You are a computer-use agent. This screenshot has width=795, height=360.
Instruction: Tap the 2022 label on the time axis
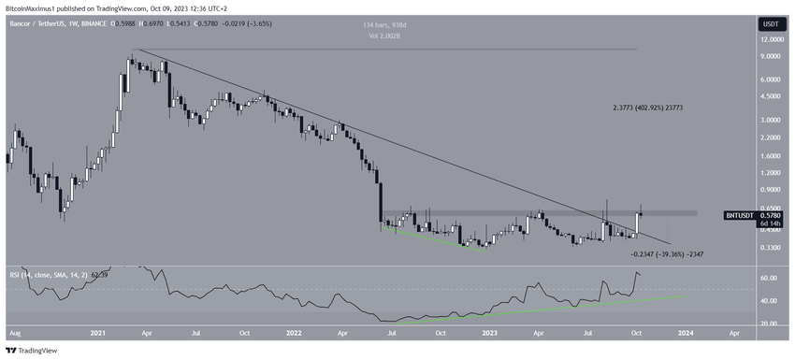[x=294, y=332]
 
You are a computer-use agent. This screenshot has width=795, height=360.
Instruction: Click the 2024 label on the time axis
[x=686, y=332]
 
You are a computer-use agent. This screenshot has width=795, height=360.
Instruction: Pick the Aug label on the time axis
[x=15, y=332]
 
